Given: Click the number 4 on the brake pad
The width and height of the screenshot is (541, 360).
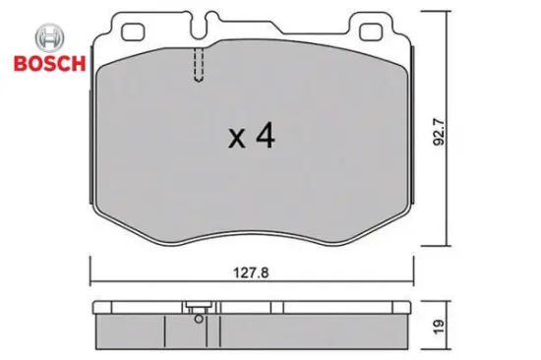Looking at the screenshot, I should tap(264, 136).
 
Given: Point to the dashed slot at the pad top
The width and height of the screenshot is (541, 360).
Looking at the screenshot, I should tap(199, 68).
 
